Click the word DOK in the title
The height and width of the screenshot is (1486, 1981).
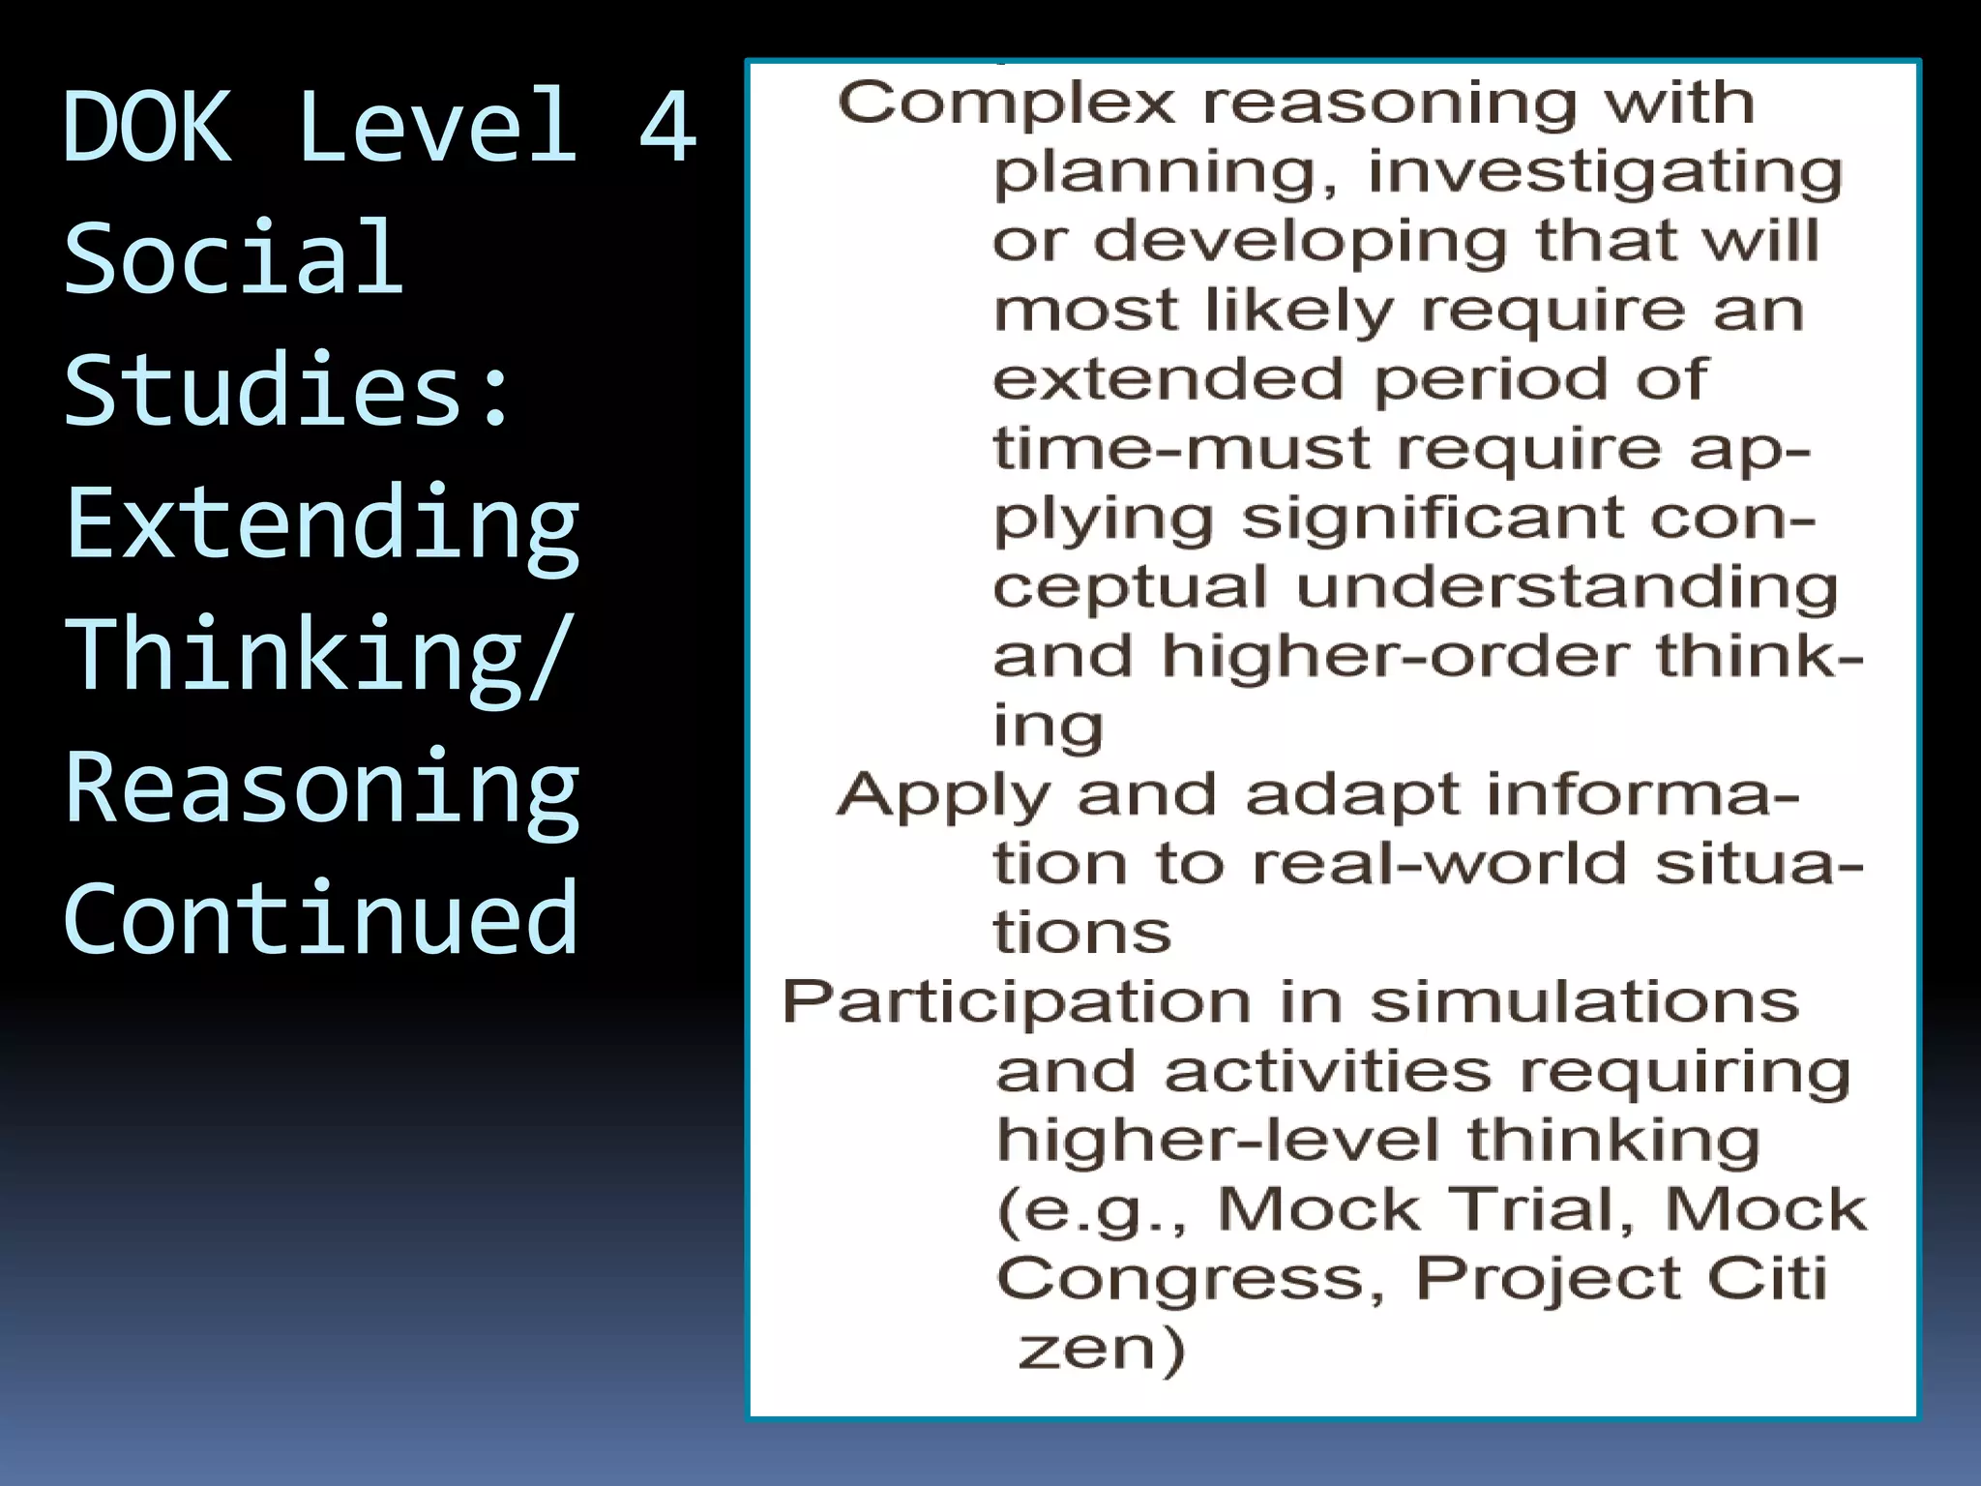point(147,126)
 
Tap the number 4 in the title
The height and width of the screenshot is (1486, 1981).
point(667,126)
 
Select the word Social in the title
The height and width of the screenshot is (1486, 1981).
point(233,257)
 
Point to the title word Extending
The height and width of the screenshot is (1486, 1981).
point(322,524)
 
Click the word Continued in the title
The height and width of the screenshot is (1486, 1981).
point(320,919)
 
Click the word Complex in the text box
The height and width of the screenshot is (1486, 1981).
point(1006,104)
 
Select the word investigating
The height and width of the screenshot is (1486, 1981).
point(1605,174)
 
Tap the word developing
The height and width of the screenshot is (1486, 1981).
point(1300,242)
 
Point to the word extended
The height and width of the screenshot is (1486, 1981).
point(1168,379)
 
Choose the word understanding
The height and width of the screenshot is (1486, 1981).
point(1566,588)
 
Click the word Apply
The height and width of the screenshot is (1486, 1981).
point(943,797)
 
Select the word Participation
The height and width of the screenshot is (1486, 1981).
point(1017,1002)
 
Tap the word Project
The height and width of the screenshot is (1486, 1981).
point(1545,1280)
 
